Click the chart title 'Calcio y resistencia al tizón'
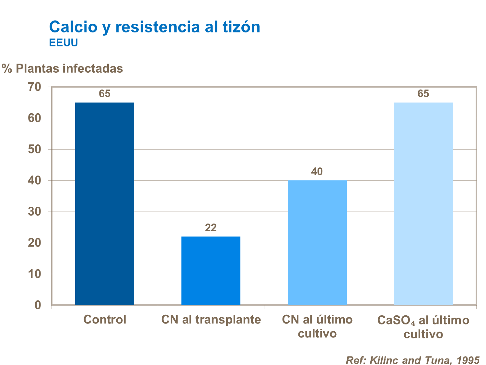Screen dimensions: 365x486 [x=155, y=27]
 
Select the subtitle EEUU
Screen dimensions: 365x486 [x=64, y=43]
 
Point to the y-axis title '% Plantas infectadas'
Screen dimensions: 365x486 [x=63, y=68]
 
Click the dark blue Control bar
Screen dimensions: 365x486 [x=105, y=204]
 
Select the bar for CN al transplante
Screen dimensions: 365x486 [x=211, y=271]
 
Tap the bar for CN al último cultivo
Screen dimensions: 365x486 [x=317, y=242]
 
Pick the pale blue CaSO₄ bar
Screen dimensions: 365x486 [x=423, y=204]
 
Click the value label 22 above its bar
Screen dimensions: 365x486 [x=211, y=228]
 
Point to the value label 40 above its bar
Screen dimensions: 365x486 [x=317, y=171]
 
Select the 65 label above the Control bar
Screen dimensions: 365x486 [x=105, y=94]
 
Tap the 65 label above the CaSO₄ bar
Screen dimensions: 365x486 [x=423, y=94]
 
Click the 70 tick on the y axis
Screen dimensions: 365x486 [x=35, y=87]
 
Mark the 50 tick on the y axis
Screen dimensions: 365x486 [x=35, y=149]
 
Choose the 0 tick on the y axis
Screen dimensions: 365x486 [x=38, y=305]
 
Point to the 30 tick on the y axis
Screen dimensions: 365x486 [x=35, y=212]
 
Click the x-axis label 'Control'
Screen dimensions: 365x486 [x=105, y=320]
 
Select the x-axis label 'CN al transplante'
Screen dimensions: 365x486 [x=211, y=320]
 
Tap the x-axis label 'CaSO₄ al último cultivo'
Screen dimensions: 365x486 [x=423, y=327]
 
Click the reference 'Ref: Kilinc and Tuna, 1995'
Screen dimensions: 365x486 [x=412, y=360]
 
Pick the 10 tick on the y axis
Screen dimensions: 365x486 [x=35, y=274]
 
